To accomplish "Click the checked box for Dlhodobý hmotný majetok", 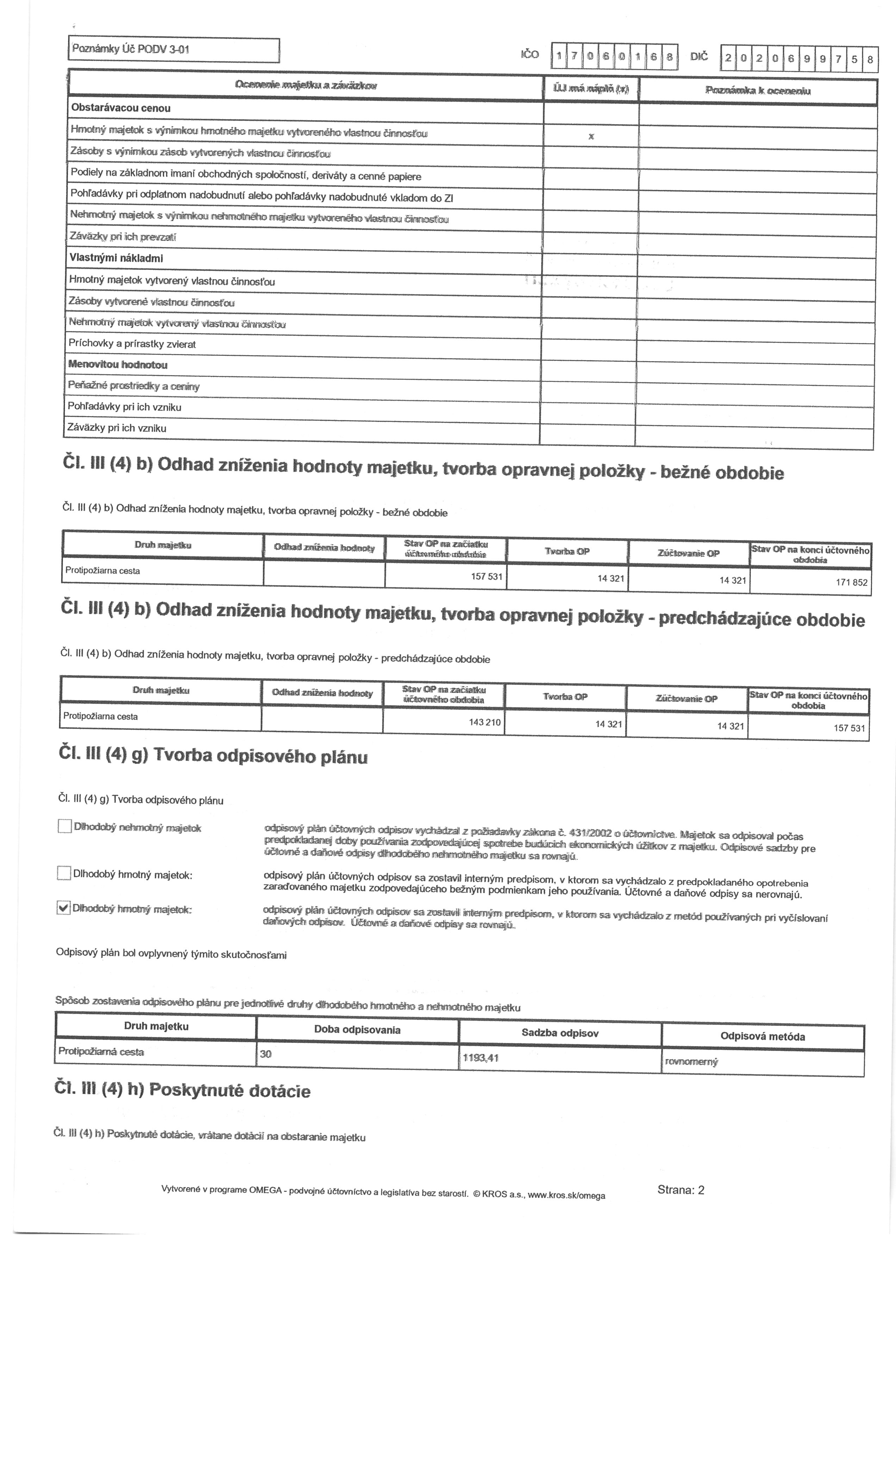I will (x=63, y=908).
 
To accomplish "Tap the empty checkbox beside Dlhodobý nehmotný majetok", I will (x=65, y=827).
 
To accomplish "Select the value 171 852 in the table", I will (x=851, y=582).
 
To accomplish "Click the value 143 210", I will (x=484, y=722).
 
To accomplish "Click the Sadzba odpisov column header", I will (x=560, y=1033).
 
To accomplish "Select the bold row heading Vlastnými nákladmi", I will (x=116, y=258).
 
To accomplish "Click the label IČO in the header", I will (x=530, y=55).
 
